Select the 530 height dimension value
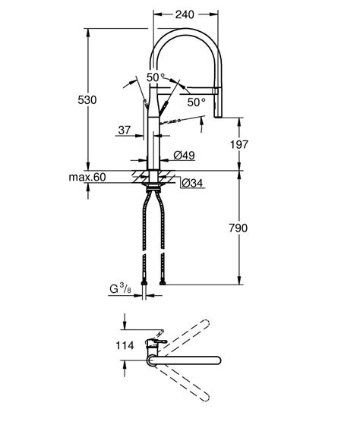pos(92,99)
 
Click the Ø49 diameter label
pos(185,155)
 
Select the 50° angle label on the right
pos(196,101)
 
